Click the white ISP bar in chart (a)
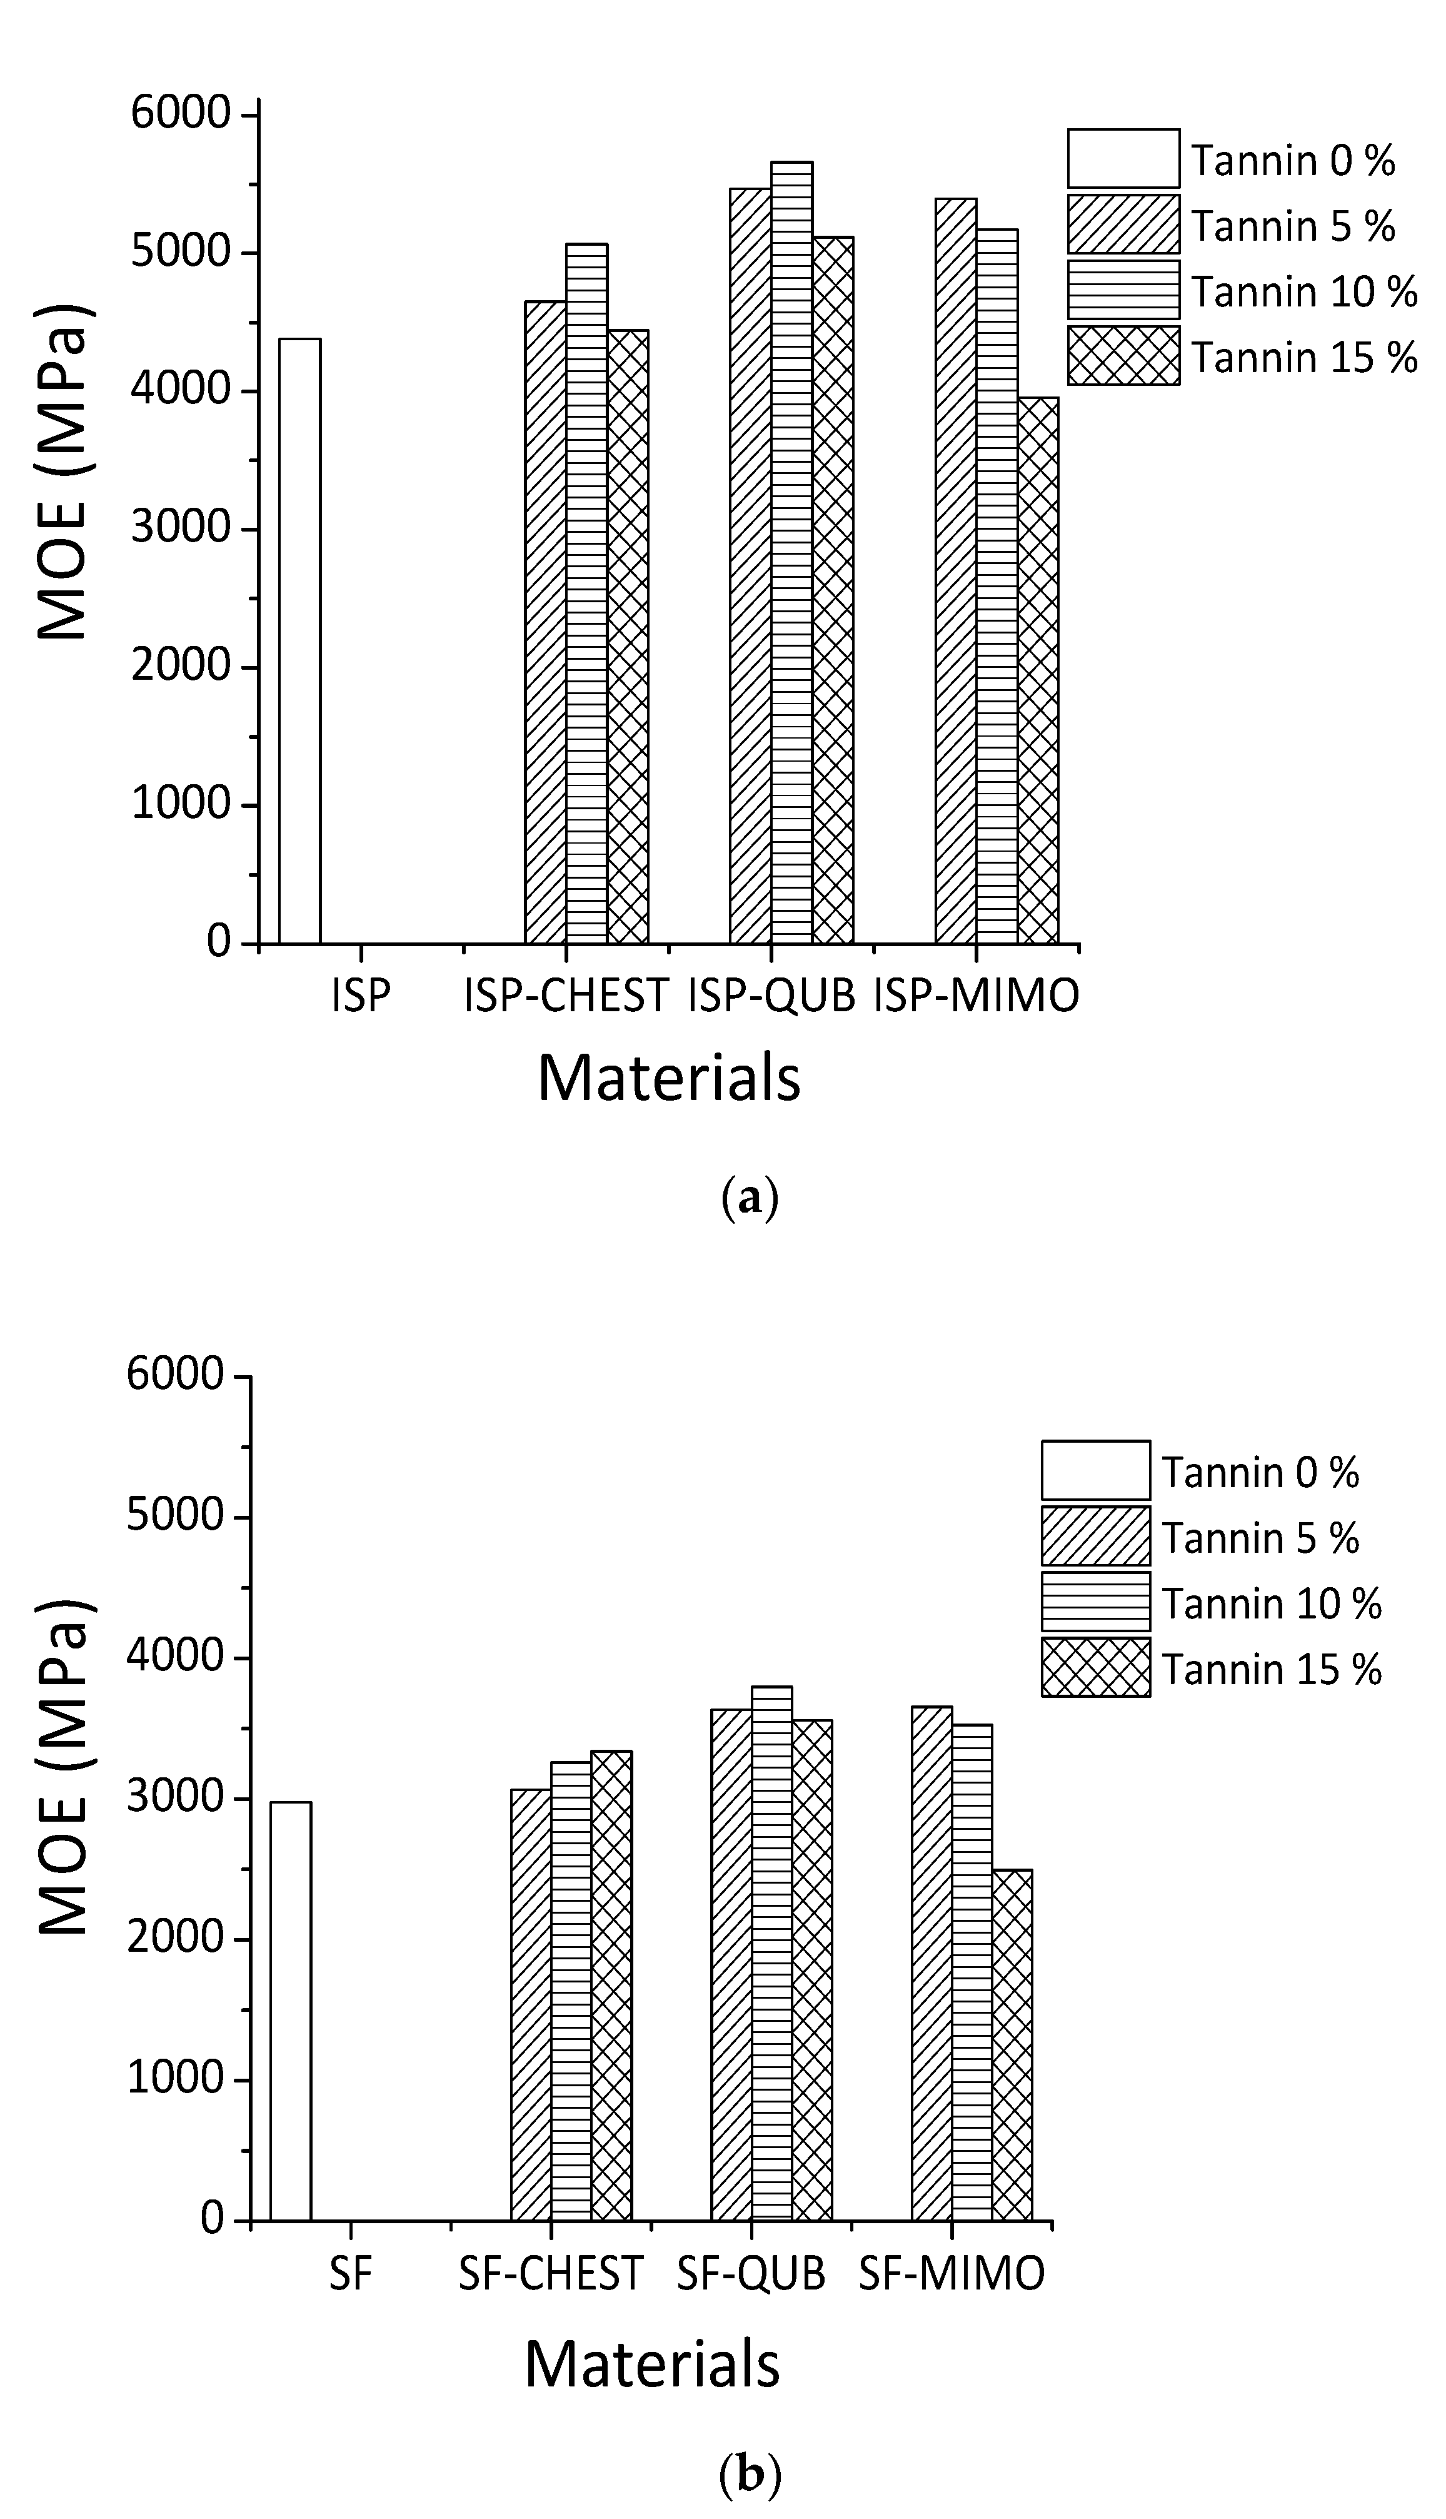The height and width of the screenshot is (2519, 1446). coord(299,640)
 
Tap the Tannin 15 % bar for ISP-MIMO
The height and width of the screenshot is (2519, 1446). coord(1038,670)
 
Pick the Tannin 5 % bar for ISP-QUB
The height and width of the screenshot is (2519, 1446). coord(750,565)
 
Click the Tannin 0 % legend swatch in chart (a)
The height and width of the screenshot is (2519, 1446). coord(1123,158)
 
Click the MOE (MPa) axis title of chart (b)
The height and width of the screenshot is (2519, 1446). coord(66,1768)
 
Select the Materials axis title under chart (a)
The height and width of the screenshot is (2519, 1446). coord(668,1079)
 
